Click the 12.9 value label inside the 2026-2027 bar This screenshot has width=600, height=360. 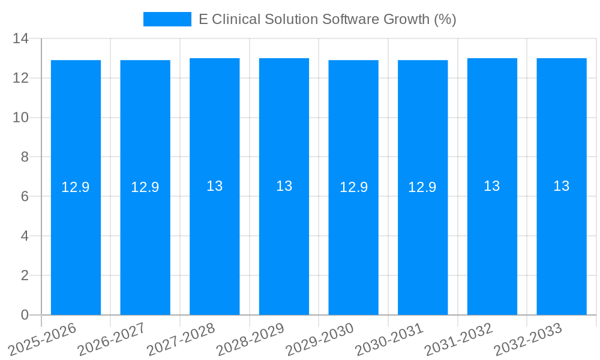click(145, 187)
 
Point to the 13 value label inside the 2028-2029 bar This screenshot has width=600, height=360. click(284, 186)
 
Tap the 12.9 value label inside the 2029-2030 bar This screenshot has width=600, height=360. click(353, 187)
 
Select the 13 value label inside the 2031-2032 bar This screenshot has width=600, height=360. click(492, 186)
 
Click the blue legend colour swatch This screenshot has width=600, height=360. click(167, 19)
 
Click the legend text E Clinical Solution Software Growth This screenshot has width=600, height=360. click(327, 19)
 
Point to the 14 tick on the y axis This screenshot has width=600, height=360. click(21, 38)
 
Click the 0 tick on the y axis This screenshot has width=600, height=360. click(25, 315)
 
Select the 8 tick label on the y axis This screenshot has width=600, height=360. click(25, 157)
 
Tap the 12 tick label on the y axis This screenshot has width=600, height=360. click(21, 78)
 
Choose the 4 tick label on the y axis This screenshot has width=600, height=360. click(25, 236)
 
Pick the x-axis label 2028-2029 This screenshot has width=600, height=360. click(251, 339)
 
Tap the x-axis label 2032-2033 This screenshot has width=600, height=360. click(529, 339)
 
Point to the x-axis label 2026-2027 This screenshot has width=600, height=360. click(112, 339)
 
